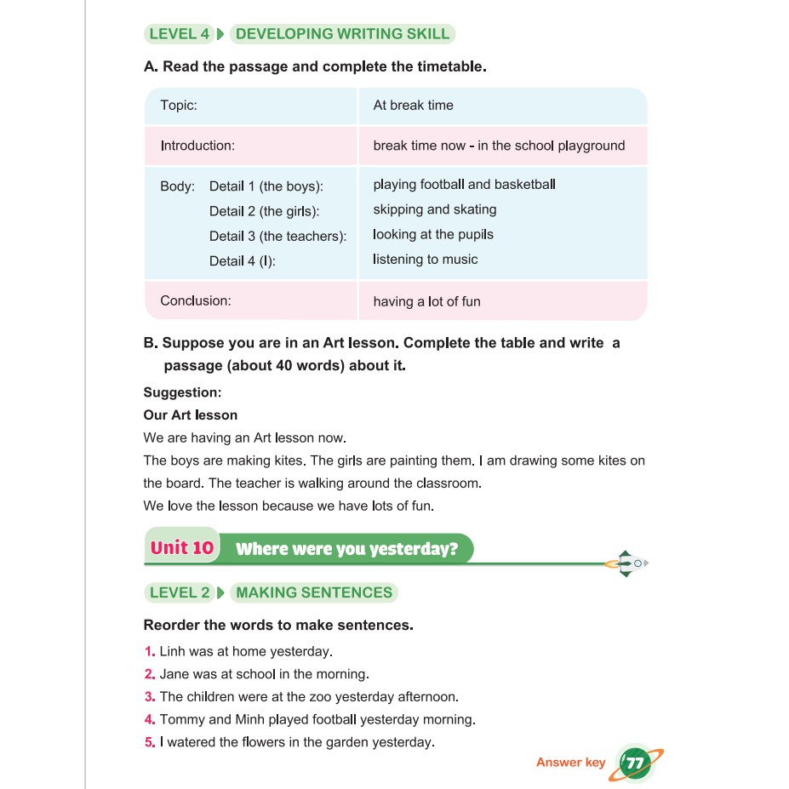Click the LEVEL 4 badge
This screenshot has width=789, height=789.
click(179, 35)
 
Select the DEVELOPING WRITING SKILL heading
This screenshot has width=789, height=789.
click(342, 35)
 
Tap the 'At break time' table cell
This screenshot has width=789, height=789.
click(413, 106)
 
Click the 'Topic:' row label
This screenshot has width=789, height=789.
click(179, 106)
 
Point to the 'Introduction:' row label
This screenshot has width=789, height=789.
click(197, 146)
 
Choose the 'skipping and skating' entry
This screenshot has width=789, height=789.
click(434, 209)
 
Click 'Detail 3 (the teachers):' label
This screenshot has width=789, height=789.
click(277, 237)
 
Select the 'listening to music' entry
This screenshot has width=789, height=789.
click(426, 260)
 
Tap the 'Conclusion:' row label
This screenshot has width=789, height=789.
click(196, 300)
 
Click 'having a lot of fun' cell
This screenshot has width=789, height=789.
click(426, 301)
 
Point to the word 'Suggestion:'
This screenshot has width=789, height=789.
click(182, 392)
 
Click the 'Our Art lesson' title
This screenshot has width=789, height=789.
click(191, 415)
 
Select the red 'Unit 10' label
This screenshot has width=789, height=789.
click(181, 547)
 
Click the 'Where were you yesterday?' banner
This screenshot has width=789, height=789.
click(346, 549)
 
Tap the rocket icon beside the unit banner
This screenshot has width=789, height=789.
click(626, 563)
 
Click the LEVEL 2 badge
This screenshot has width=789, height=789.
click(179, 593)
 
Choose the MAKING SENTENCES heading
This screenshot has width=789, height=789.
click(314, 593)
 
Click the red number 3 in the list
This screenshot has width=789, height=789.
click(149, 696)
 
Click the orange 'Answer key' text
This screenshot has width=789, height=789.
click(570, 763)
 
